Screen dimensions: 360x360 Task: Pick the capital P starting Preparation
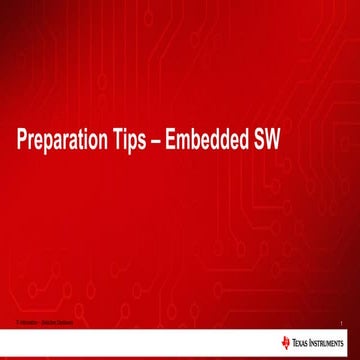click(22, 142)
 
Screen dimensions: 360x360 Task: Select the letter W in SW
click(274, 142)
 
